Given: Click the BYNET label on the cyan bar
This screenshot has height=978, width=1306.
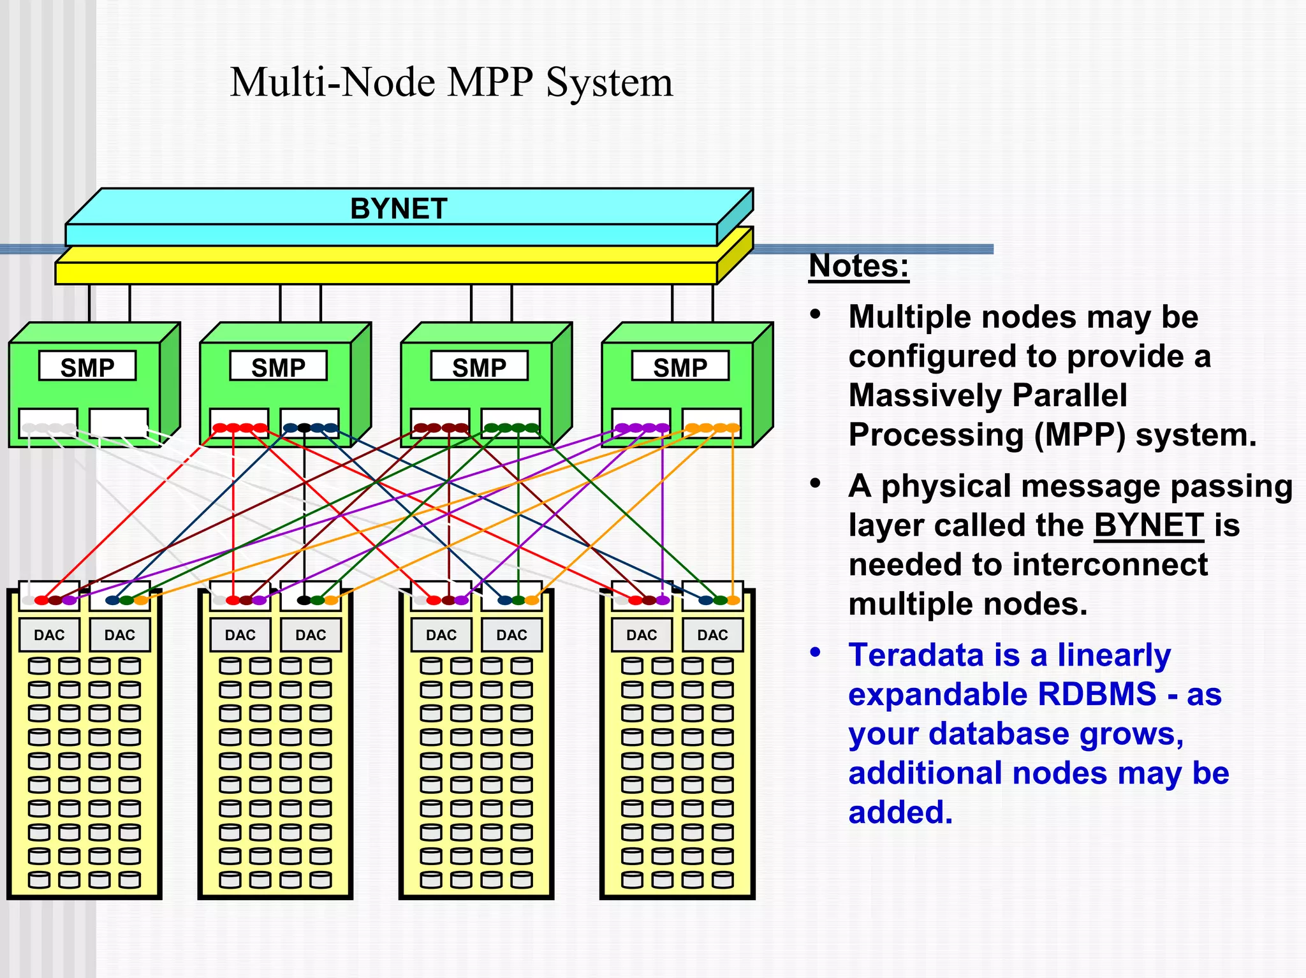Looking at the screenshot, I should point(399,209).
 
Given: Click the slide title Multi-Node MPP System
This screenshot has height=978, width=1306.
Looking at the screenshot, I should point(451,82).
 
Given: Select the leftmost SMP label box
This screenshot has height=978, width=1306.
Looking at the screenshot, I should point(87,367).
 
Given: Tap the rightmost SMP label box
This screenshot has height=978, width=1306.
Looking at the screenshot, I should point(680,367).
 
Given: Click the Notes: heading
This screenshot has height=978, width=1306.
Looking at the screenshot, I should point(858,265).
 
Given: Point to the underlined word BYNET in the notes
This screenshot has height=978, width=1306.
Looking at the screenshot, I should point(1148,525).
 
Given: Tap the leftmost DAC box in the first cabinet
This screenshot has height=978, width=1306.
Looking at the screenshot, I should point(49,634).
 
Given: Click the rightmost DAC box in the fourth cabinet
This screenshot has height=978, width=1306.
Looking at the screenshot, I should point(712,634).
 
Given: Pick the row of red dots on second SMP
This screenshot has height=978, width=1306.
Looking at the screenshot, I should point(240,428).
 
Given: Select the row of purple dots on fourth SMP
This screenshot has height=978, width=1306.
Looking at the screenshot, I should point(642,428).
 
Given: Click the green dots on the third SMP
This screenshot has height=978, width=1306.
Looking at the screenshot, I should point(511,428).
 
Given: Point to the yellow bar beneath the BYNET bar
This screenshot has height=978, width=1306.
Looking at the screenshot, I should point(386,273).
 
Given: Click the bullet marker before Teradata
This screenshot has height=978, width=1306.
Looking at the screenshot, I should point(815,652).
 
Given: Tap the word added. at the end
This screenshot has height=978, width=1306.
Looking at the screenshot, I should point(900,812).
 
